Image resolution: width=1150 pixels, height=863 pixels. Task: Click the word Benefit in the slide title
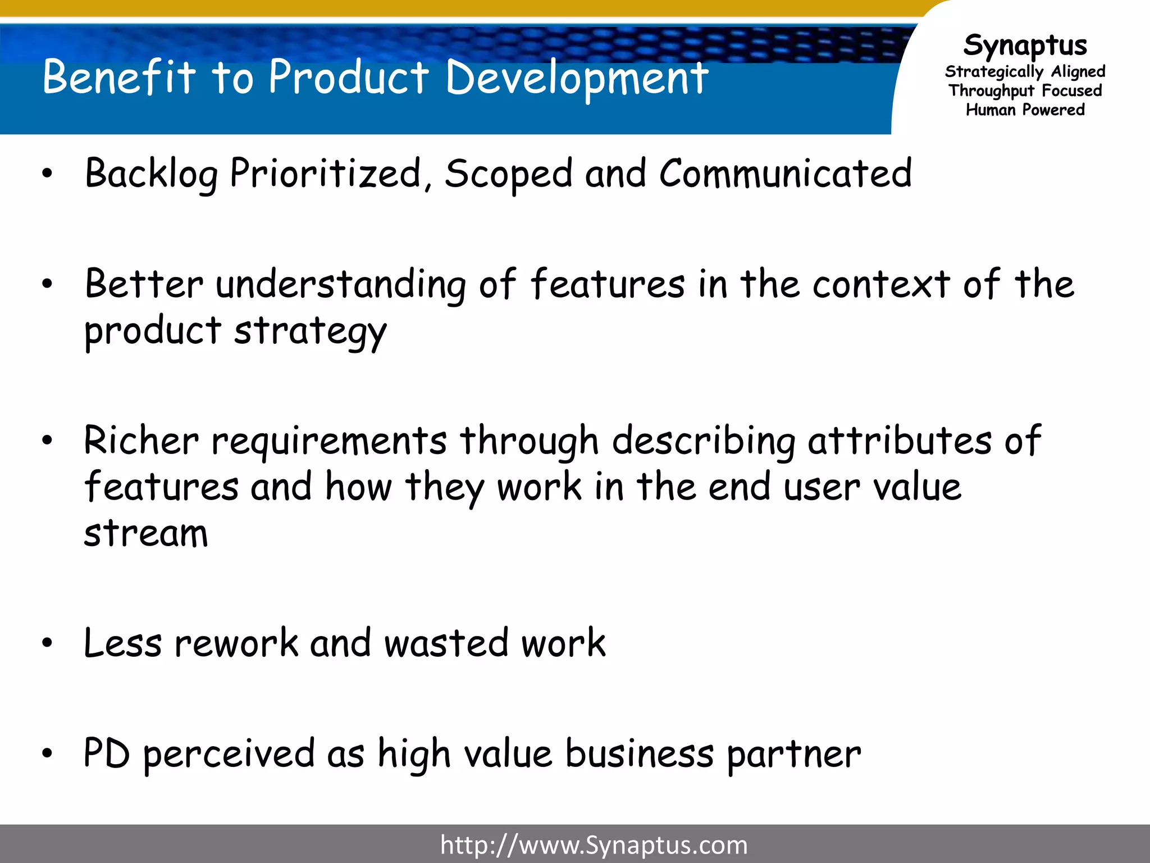pyautogui.click(x=119, y=77)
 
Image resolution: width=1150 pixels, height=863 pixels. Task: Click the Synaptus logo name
pyautogui.click(x=1025, y=46)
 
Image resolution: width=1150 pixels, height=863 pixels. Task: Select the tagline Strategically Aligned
pyautogui.click(x=1025, y=72)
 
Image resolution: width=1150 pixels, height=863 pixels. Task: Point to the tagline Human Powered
pyautogui.click(x=1025, y=110)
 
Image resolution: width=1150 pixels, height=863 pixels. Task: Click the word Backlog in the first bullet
pyautogui.click(x=151, y=174)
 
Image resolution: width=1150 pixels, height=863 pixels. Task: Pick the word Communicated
pyautogui.click(x=785, y=174)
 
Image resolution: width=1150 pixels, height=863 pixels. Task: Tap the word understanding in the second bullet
pyautogui.click(x=340, y=284)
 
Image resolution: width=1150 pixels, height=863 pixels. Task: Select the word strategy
pyautogui.click(x=310, y=331)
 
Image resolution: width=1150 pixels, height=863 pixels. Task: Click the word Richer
pyautogui.click(x=141, y=440)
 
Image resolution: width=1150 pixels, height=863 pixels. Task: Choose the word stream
pyautogui.click(x=146, y=533)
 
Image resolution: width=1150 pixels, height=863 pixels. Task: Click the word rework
pyautogui.click(x=236, y=643)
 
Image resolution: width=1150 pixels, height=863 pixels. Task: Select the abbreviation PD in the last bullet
pyautogui.click(x=107, y=753)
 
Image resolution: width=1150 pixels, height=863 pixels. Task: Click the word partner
pyautogui.click(x=793, y=755)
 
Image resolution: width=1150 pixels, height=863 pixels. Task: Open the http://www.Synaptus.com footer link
pyautogui.click(x=594, y=845)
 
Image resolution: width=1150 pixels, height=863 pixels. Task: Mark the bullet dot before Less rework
pyautogui.click(x=47, y=643)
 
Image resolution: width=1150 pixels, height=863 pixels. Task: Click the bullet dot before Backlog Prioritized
pyautogui.click(x=47, y=174)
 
